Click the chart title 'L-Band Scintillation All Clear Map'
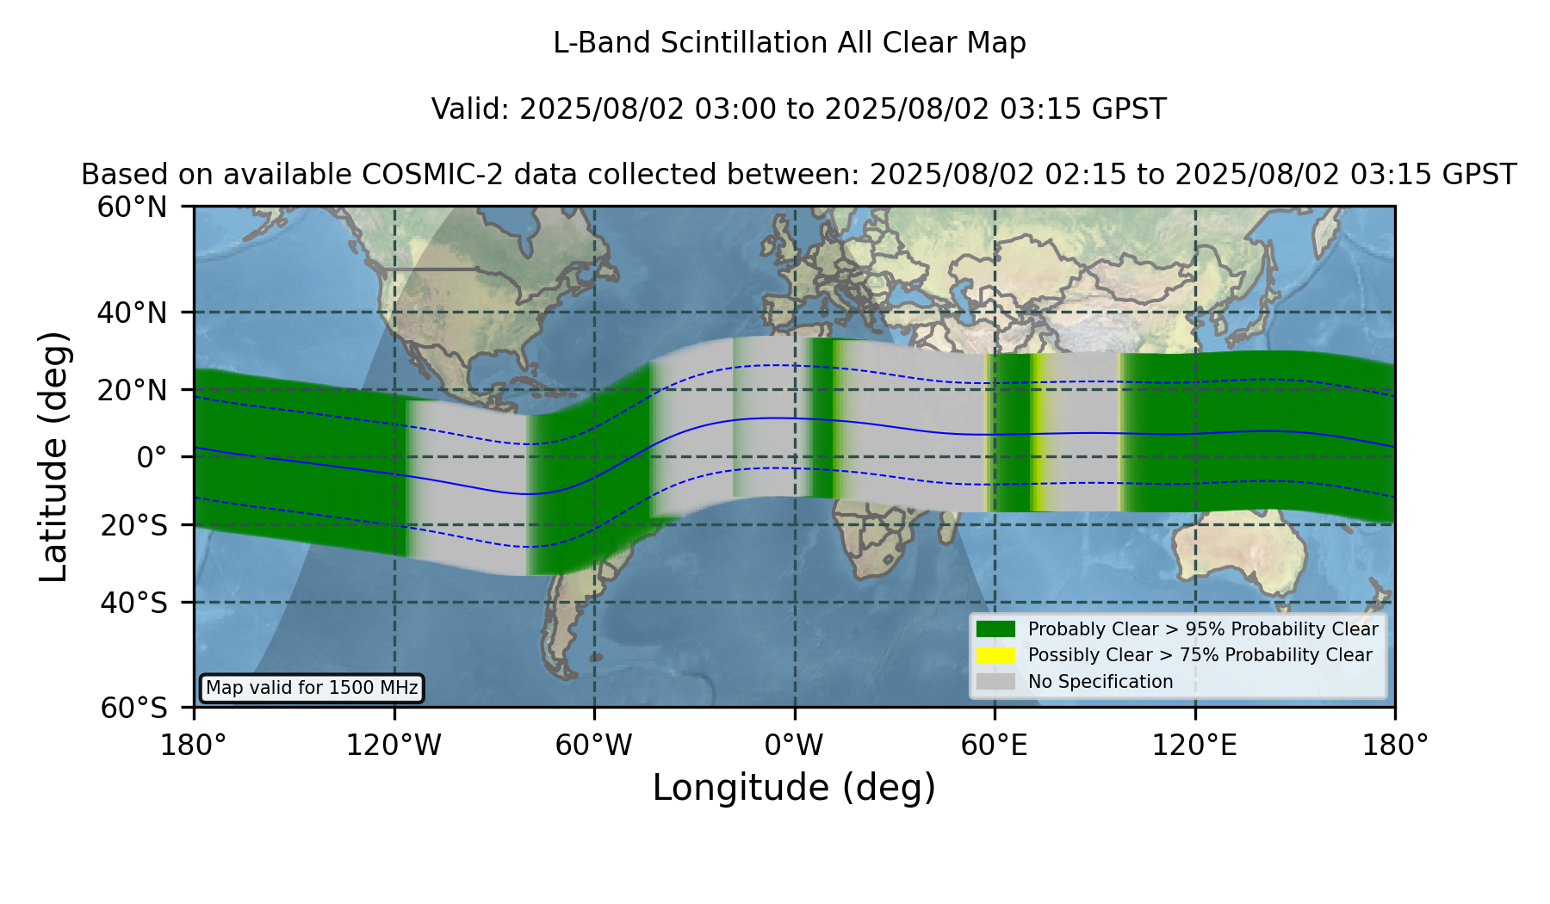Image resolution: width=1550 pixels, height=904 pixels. click(x=789, y=43)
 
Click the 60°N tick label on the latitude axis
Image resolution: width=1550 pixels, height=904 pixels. click(x=132, y=207)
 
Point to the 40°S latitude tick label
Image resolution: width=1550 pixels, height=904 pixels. click(x=133, y=602)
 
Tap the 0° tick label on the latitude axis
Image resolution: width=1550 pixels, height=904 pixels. click(x=152, y=456)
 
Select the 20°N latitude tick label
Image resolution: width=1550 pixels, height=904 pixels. click(x=132, y=390)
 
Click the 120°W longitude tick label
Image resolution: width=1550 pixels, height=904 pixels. click(x=394, y=746)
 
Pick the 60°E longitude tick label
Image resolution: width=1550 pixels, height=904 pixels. click(x=995, y=746)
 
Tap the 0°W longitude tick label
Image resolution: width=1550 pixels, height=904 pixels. click(x=794, y=746)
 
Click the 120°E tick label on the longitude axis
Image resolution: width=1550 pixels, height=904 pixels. click(x=1194, y=746)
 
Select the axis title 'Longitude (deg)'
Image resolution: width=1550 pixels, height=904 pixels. click(x=794, y=788)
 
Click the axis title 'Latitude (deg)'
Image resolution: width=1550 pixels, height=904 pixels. click(x=53, y=456)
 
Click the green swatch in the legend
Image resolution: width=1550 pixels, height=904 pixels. click(x=995, y=629)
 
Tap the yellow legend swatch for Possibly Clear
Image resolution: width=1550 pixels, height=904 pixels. click(x=995, y=655)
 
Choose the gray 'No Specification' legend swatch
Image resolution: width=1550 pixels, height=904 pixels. click(x=995, y=682)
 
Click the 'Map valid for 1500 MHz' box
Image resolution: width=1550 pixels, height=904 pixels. click(x=312, y=688)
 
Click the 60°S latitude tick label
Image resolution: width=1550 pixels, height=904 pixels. click(x=133, y=708)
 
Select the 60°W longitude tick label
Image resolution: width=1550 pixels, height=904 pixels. click(x=594, y=746)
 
